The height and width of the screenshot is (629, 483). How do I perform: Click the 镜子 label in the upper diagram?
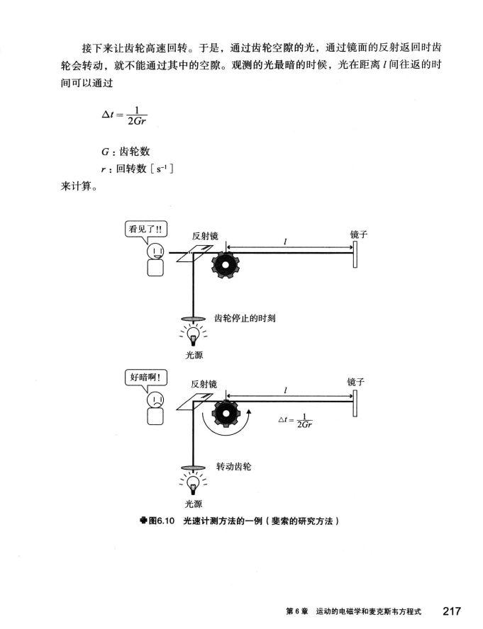click(x=360, y=234)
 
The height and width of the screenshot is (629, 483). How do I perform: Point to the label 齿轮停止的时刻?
click(x=245, y=319)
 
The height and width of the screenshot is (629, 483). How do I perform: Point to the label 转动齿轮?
click(x=233, y=467)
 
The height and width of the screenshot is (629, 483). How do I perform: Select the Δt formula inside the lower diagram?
click(x=296, y=420)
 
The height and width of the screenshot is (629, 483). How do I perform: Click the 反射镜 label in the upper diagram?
click(x=204, y=236)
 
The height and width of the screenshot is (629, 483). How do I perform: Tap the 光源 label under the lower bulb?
click(x=193, y=503)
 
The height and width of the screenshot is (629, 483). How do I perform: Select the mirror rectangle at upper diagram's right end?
click(x=355, y=256)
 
